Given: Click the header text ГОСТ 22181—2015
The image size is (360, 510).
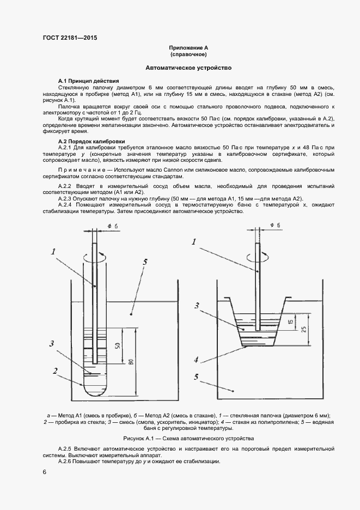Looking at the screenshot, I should tap(65, 38).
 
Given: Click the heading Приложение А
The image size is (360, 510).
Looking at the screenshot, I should tap(188, 48).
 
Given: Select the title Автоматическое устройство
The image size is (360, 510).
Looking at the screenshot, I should tap(188, 68).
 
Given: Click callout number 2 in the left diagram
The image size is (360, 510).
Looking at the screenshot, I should tap(56, 371).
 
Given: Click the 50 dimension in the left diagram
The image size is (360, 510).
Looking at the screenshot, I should tap(118, 346).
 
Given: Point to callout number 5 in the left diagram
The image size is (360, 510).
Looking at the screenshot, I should tap(144, 262).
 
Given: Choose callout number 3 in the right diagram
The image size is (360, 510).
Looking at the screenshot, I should tap(197, 306).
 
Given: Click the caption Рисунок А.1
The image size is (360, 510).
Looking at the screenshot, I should tap(188, 439).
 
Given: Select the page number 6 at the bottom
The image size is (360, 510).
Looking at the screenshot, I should tap(44, 472).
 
